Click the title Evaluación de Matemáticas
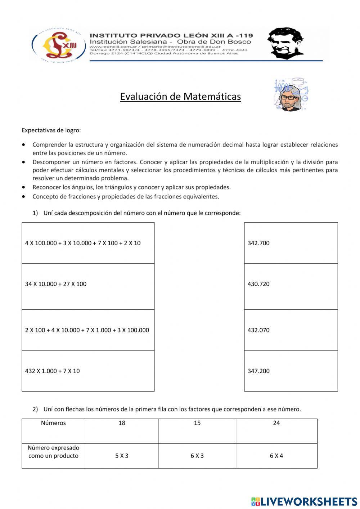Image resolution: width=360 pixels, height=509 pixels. pos(180,97)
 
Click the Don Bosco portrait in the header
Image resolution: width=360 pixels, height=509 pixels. pos(286,43)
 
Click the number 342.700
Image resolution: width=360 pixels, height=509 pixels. pos(258,243)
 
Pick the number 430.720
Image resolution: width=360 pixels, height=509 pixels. pos(258,284)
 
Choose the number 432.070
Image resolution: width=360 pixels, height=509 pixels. pos(258,330)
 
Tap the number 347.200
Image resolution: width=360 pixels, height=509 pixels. pos(258,371)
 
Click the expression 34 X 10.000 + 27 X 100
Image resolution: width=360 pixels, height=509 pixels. pos(56,284)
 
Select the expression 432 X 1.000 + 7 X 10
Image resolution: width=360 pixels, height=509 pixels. pos(53,371)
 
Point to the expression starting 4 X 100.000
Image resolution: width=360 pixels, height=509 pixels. pos(83,243)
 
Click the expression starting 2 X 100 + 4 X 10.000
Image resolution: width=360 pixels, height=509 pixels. pos(87,330)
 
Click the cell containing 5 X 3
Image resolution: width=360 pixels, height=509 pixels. pos(122,456)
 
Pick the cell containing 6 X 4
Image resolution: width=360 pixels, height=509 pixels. pos(276,456)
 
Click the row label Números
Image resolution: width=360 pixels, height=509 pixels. pos(53,423)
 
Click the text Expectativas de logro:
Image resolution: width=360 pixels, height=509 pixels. pos(51,130)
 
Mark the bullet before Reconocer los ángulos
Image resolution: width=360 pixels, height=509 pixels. pos(23,187)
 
